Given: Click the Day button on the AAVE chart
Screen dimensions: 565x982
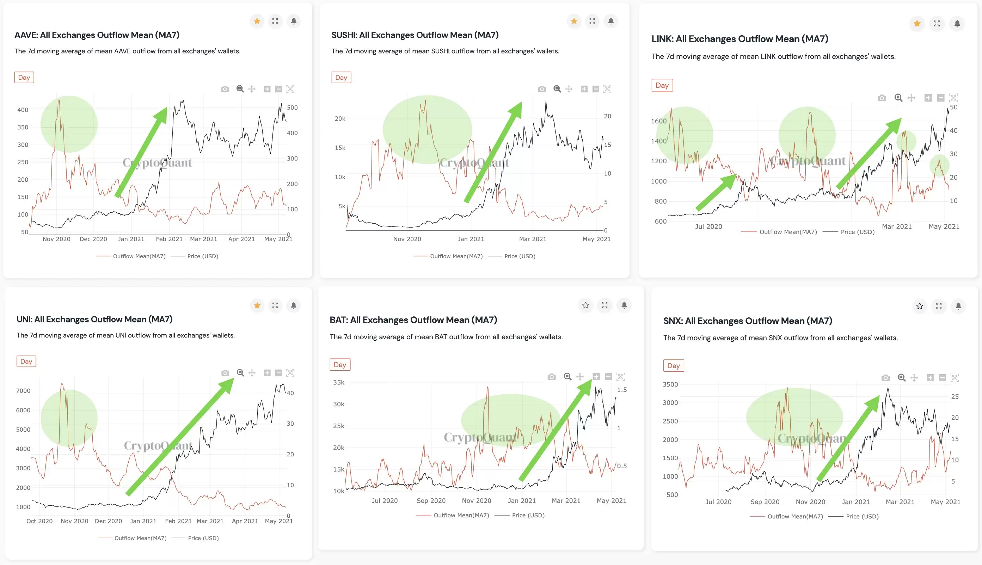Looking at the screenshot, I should [24, 78].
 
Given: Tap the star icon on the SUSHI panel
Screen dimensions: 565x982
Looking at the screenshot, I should [574, 21].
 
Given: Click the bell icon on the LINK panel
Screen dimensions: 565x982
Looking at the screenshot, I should [957, 24].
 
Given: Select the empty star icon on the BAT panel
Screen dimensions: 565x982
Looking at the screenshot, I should [585, 305].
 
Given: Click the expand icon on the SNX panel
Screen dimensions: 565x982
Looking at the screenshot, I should [939, 306].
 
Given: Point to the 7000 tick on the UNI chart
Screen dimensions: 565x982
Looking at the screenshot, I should [23, 391].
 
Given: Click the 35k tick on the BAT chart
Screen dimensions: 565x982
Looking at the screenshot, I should [339, 382].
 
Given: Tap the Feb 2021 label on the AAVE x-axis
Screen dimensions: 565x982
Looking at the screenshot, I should [169, 239].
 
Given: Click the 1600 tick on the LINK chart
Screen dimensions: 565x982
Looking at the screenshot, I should [658, 121].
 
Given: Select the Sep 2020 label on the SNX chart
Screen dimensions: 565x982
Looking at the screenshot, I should [765, 502].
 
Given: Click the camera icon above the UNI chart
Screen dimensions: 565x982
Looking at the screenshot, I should [225, 373].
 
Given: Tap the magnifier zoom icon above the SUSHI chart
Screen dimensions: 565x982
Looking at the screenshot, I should [557, 89].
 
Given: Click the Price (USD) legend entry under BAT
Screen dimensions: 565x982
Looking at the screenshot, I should [528, 515].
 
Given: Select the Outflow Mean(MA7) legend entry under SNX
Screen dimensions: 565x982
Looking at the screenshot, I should [795, 516].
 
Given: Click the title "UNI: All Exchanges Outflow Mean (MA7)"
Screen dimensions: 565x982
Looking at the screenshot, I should [94, 320].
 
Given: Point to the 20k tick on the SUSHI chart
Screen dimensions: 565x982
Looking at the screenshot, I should [340, 119].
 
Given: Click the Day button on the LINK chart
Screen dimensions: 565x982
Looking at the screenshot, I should [662, 85].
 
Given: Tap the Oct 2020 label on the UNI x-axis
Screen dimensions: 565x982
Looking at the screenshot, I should [39, 521].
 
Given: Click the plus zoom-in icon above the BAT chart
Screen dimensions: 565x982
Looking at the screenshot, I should [596, 376].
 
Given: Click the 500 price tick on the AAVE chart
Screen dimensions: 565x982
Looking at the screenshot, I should [292, 108].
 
